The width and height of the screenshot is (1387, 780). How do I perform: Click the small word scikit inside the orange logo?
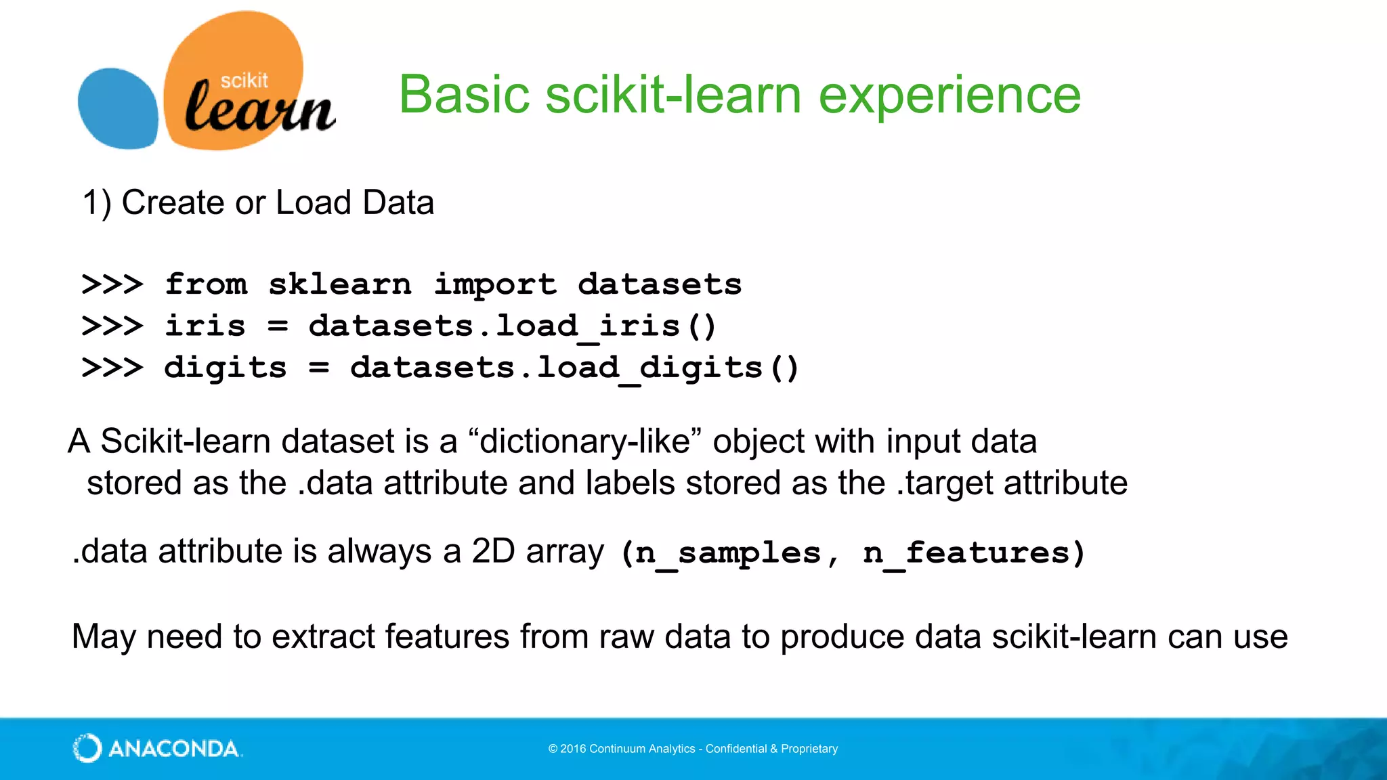244,81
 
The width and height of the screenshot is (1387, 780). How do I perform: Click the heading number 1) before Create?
96,202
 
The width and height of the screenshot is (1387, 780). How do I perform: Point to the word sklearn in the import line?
339,284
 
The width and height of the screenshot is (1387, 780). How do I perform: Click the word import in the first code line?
495,284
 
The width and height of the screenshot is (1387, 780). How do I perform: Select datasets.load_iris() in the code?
512,326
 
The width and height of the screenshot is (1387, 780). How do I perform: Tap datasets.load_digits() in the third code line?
574,368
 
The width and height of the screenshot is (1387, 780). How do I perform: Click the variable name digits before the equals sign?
226,368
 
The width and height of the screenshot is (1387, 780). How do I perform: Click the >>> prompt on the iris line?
112,326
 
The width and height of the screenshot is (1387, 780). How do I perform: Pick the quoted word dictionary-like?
585,441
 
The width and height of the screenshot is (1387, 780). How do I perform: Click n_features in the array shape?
966,553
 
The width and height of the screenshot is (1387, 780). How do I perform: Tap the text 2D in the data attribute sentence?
493,551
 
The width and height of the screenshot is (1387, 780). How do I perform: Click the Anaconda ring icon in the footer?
87,748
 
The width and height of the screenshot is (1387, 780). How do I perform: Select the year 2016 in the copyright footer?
573,749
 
